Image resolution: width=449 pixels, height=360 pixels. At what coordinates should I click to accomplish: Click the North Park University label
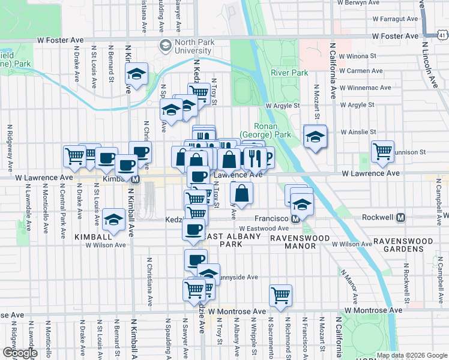194,47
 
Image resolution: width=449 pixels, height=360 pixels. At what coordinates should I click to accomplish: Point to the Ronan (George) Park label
274,130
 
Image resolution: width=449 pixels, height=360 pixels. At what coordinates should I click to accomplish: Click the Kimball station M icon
136,179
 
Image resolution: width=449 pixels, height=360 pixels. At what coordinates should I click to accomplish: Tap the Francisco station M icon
295,220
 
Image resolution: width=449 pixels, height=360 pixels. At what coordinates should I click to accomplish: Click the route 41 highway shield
442,35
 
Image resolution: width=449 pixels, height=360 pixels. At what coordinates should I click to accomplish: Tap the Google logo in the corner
20,352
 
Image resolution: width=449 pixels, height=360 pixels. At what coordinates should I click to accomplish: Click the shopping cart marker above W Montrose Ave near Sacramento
280,295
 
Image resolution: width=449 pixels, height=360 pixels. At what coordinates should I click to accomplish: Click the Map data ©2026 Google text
412,355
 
